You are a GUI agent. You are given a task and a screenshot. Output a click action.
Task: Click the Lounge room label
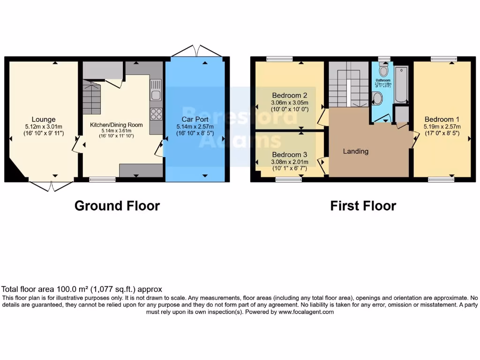pyautogui.click(x=44, y=120)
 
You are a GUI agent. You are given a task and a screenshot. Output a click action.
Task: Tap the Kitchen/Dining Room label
pyautogui.click(x=116, y=125)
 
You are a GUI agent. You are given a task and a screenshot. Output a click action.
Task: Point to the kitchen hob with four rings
pyautogui.click(x=156, y=114)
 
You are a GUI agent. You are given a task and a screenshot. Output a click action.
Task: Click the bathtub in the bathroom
pyautogui.click(x=402, y=84)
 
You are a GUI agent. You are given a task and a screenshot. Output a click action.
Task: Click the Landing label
pyautogui.click(x=356, y=151)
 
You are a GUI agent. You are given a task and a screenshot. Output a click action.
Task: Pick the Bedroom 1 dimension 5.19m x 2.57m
pyautogui.click(x=442, y=127)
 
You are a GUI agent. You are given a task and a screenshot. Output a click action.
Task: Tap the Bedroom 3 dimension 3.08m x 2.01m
pyautogui.click(x=290, y=162)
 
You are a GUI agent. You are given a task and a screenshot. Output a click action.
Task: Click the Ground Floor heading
pyautogui.click(x=117, y=206)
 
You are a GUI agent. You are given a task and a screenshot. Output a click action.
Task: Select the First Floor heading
pyautogui.click(x=363, y=206)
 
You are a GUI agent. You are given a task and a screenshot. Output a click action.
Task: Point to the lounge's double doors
pyautogui.click(x=51, y=186)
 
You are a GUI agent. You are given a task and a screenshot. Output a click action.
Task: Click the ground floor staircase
pyautogui.click(x=92, y=97)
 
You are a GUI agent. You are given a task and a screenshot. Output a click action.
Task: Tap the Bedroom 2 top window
pyautogui.click(x=279, y=59)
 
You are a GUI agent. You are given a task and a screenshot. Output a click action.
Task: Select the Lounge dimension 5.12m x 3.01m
pyautogui.click(x=44, y=127)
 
